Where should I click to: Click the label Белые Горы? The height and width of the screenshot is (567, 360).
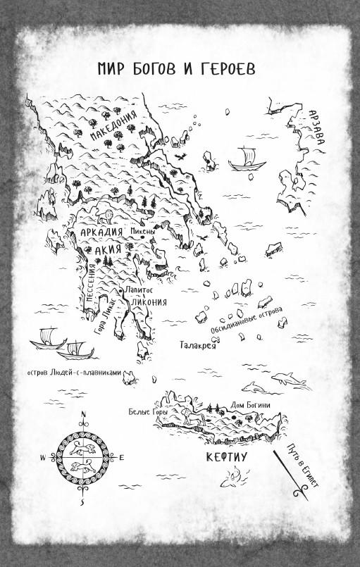(x=142, y=411)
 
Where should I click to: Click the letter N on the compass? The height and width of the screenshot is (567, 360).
(x=83, y=414)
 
